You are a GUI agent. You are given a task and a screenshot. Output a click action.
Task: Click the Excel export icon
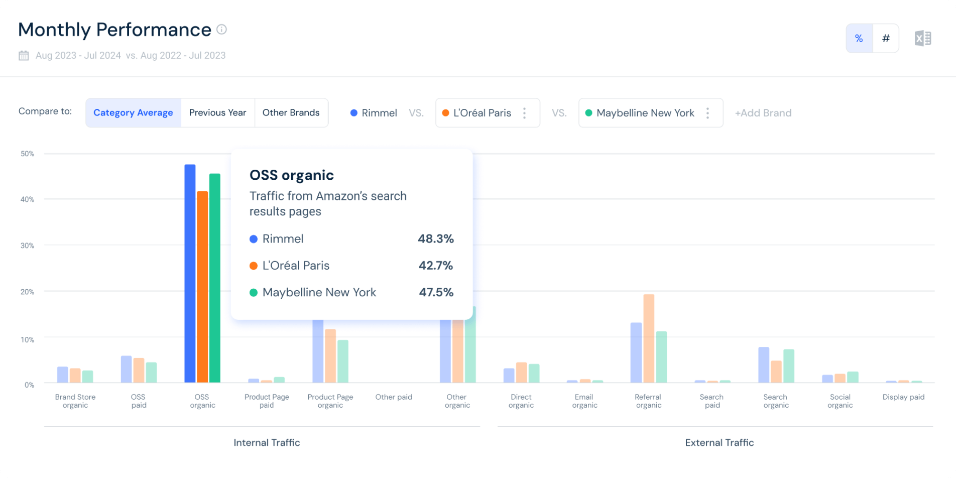(x=923, y=38)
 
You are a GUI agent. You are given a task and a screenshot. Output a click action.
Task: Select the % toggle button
(x=859, y=38)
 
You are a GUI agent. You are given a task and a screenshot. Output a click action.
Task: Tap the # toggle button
(x=886, y=38)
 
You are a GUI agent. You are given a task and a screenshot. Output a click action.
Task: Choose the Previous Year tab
(x=218, y=112)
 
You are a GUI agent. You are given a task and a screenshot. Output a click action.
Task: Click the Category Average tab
(x=133, y=112)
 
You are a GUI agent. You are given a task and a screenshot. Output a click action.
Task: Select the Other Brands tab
(x=291, y=112)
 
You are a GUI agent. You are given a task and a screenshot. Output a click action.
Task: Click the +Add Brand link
(x=763, y=113)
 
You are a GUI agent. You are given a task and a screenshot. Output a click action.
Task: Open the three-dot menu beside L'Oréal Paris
(x=524, y=113)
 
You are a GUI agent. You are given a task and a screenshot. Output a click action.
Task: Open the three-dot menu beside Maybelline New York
(x=707, y=113)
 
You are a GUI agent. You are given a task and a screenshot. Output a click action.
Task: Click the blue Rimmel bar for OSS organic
(x=190, y=274)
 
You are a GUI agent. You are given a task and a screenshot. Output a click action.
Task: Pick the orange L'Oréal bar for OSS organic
(x=202, y=287)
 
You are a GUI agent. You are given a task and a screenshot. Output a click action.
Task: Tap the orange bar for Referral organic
(x=649, y=338)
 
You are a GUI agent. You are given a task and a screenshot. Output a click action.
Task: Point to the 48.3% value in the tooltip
(x=436, y=238)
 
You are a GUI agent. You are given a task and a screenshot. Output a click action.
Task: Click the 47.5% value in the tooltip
(x=436, y=292)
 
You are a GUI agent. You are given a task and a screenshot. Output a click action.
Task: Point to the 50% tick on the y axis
(x=28, y=154)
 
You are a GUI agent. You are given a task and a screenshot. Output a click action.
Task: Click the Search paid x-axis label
(x=712, y=401)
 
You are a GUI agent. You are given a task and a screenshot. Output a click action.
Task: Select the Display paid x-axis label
(x=903, y=397)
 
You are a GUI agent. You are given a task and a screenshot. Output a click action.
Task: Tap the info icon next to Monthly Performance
(x=221, y=30)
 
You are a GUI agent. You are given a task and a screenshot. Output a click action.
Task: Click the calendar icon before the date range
(x=24, y=55)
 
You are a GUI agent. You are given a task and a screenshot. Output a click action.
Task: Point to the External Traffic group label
(x=720, y=442)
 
